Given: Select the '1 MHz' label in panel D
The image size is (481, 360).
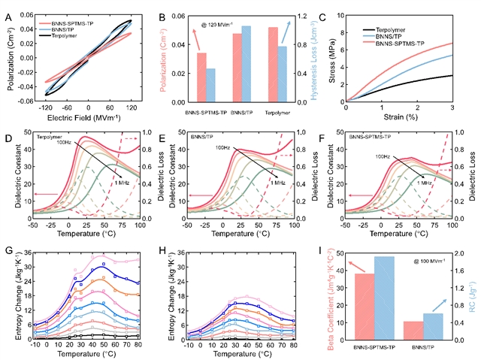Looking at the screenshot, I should coord(123,184).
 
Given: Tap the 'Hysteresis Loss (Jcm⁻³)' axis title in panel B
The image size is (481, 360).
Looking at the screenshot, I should coord(315,56).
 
